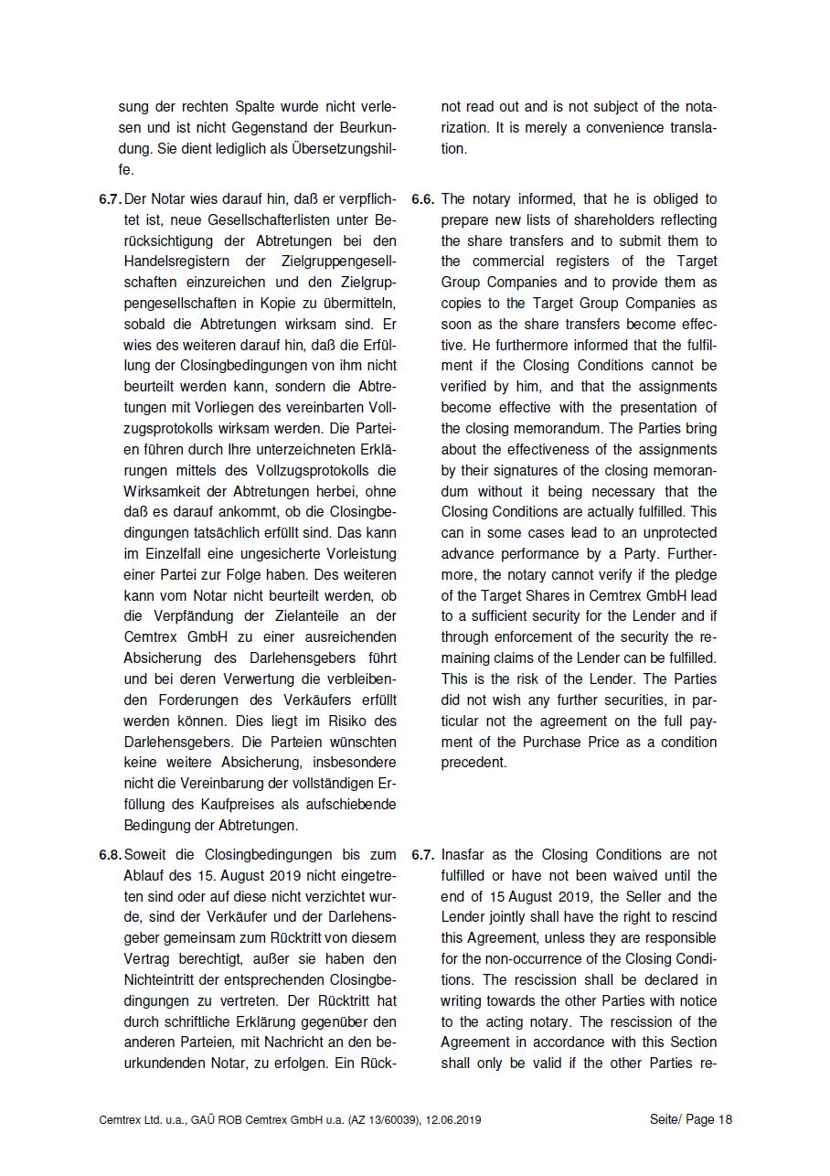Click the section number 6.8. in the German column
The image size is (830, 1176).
111,855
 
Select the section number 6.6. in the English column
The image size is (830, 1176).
422,199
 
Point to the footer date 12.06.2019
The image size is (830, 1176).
452,1119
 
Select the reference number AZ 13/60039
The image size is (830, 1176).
378,1119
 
